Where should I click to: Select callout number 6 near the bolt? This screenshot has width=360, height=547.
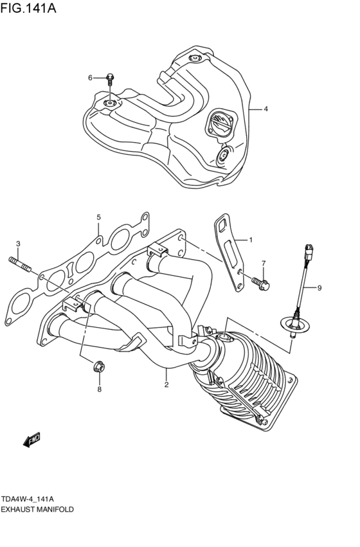coord(91,78)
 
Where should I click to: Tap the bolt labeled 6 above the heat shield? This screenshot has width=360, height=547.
coord(111,80)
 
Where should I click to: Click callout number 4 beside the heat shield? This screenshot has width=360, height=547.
coord(265,109)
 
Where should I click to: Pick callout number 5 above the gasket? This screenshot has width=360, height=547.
coord(99,217)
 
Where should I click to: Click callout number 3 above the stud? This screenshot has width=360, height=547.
coord(18,243)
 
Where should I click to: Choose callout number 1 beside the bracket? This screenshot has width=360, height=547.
coord(251,240)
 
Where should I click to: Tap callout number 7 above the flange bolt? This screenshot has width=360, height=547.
coord(262,264)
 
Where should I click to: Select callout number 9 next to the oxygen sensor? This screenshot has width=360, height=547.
coord(319,288)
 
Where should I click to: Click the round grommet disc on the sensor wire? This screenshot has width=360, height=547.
coord(292,325)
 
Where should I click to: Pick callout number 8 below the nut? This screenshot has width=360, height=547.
coord(99,389)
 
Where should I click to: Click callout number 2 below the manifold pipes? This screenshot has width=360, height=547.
coord(166,385)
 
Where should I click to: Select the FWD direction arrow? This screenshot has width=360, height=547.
coord(31,440)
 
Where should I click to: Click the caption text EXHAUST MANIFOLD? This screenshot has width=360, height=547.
coord(38,508)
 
